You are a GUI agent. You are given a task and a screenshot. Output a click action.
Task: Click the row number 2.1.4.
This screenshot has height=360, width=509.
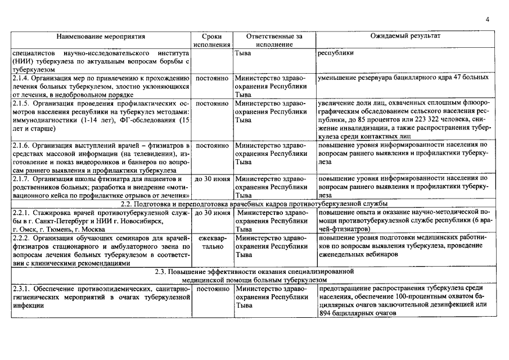[x=20, y=78]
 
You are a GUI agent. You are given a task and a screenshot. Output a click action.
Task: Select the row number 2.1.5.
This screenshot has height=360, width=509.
[x=20, y=104]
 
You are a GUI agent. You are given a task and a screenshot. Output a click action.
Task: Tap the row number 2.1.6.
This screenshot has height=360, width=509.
[x=20, y=146]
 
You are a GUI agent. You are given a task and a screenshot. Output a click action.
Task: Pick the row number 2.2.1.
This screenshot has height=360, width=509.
[x=20, y=213]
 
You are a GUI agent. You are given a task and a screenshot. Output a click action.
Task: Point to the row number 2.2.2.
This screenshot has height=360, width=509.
[x=20, y=238]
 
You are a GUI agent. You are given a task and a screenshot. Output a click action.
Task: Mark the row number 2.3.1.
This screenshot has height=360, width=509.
[x=20, y=289]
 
